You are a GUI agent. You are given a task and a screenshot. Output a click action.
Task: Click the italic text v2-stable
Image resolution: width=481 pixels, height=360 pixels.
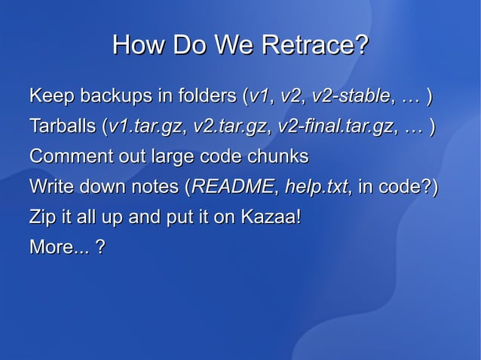351,96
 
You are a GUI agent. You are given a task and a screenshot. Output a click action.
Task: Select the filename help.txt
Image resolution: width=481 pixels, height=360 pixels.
316,187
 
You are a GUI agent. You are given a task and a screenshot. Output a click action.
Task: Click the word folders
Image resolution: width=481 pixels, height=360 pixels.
207,96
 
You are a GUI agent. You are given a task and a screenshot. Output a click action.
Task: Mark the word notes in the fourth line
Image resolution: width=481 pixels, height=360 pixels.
158,187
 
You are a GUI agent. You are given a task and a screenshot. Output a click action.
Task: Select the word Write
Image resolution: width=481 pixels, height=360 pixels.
51,187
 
